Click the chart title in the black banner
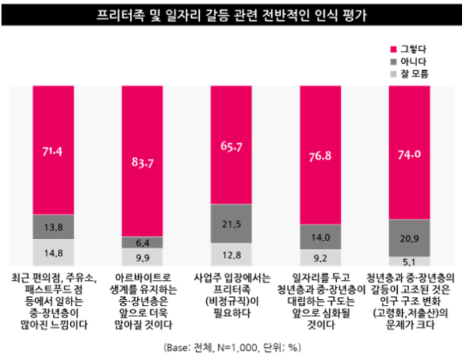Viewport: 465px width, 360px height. pyautogui.click(x=232, y=15)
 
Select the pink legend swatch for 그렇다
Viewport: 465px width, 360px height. pyautogui.click(x=393, y=49)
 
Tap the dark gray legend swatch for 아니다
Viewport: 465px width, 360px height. pyautogui.click(x=393, y=62)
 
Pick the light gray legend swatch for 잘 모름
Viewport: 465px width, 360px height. pyautogui.click(x=393, y=74)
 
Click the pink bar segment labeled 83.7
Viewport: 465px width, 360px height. pyautogui.click(x=142, y=161)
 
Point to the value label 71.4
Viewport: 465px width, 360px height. pyautogui.click(x=52, y=152)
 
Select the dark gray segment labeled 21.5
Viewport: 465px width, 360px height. pyautogui.click(x=231, y=224)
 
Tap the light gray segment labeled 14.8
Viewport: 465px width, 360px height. pyautogui.click(x=54, y=253)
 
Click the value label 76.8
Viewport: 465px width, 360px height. pyautogui.click(x=320, y=156)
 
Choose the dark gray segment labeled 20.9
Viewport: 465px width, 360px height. pyautogui.click(x=409, y=238)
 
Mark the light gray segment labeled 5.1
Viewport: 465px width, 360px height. pyautogui.click(x=409, y=261)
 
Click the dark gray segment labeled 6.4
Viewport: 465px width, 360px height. pyautogui.click(x=142, y=243)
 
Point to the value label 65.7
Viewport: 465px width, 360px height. pyautogui.click(x=231, y=147)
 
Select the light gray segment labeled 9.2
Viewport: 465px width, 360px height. pyautogui.click(x=320, y=258)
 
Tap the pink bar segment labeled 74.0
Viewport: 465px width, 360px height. pyautogui.click(x=409, y=152)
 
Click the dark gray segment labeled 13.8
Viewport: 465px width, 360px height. pyautogui.click(x=54, y=227)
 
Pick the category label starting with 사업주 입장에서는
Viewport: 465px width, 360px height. pyautogui.click(x=232, y=295)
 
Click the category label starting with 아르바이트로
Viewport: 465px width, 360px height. pyautogui.click(x=143, y=301)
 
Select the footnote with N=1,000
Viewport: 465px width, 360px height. pyautogui.click(x=232, y=347)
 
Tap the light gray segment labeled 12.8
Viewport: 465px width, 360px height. pyautogui.click(x=231, y=255)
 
